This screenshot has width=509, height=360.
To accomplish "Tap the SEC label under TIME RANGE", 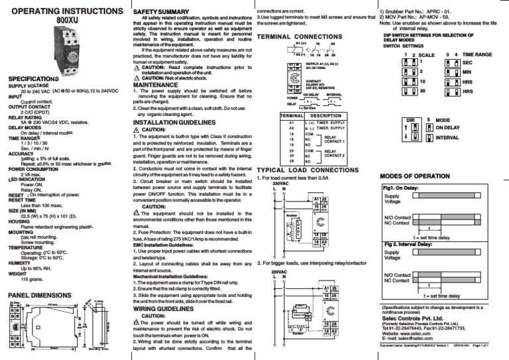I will click(x=467, y=61).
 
